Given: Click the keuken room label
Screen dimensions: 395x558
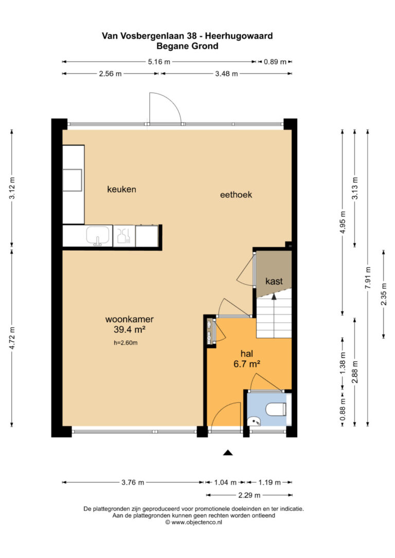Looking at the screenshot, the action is pyautogui.click(x=121, y=189).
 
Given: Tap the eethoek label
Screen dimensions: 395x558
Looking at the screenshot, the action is pyautogui.click(x=236, y=195).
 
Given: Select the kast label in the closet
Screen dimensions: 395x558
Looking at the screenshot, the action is pyautogui.click(x=274, y=281).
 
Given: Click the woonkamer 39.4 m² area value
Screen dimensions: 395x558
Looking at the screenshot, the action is pyautogui.click(x=129, y=329).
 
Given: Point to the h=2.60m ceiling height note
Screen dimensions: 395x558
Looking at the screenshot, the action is pyautogui.click(x=125, y=343).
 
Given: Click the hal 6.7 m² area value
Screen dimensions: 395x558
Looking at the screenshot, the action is pyautogui.click(x=246, y=364).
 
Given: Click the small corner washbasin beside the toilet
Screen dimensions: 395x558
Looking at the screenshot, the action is pyautogui.click(x=254, y=421).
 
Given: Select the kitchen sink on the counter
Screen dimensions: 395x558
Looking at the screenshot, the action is pyautogui.click(x=97, y=236).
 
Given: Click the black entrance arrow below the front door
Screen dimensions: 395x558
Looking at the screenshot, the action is pyautogui.click(x=228, y=453).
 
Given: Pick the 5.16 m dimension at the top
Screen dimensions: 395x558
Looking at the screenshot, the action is pyautogui.click(x=159, y=62).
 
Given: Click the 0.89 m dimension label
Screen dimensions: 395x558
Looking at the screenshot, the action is pyautogui.click(x=275, y=62).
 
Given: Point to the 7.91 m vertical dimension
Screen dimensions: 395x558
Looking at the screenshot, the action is pyautogui.click(x=368, y=278).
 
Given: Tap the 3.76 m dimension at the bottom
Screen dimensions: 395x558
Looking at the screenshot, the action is pyautogui.click(x=133, y=482).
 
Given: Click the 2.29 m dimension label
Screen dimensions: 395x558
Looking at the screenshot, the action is pyautogui.click(x=249, y=495).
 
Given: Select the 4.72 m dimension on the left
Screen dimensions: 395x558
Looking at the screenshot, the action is pyautogui.click(x=12, y=338).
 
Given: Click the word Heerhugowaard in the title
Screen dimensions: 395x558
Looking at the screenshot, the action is pyautogui.click(x=239, y=36).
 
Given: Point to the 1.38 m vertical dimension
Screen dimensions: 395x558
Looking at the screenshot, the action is pyautogui.click(x=343, y=363).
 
